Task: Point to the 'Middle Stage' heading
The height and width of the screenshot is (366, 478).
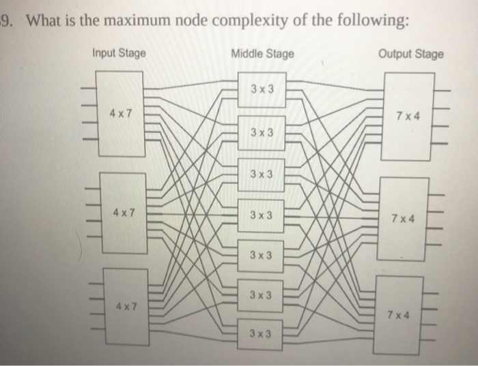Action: (263, 53)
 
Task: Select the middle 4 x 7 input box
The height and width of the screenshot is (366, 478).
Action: (124, 211)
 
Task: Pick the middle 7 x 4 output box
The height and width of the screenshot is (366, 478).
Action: (406, 218)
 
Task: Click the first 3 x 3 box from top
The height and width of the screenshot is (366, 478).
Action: (261, 91)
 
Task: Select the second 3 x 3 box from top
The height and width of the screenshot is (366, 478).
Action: (261, 132)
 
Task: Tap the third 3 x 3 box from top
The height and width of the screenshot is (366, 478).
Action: (261, 174)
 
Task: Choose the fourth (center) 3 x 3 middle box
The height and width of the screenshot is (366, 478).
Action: (261, 215)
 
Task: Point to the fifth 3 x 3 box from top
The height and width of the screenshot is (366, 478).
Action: (261, 256)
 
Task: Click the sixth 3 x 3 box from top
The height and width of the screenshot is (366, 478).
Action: (261, 296)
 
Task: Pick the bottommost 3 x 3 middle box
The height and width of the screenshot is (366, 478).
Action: (261, 334)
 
